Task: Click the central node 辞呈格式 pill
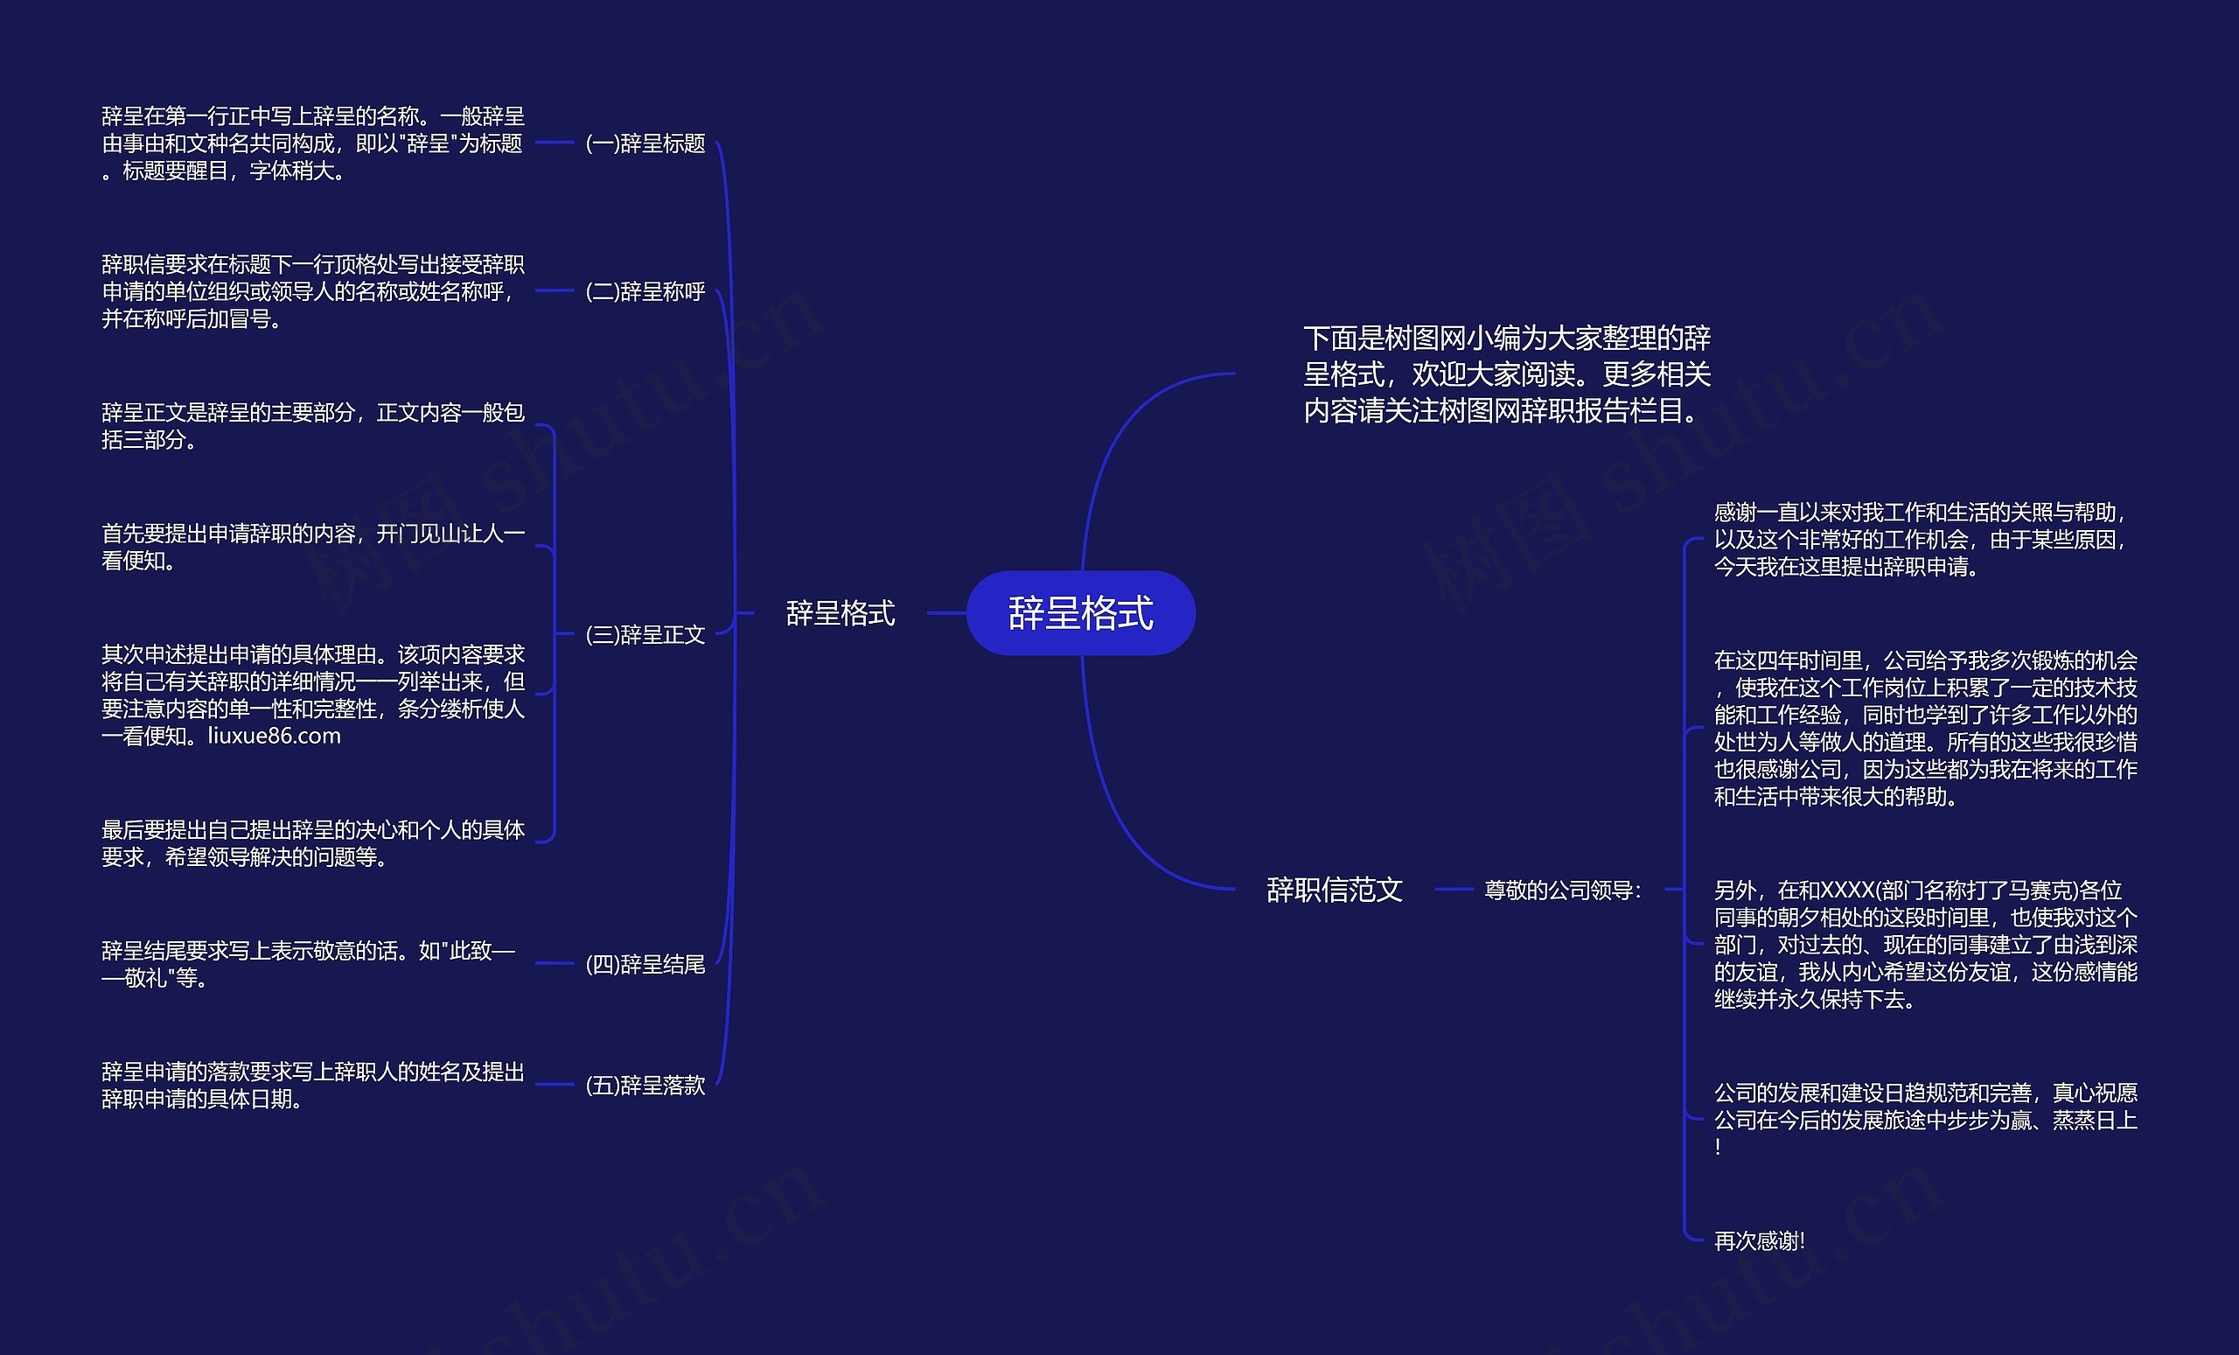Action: click(x=1080, y=612)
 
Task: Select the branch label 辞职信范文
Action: click(x=1334, y=889)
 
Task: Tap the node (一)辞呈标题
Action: click(x=645, y=143)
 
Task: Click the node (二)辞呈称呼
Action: click(x=645, y=291)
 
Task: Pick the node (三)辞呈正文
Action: click(x=645, y=634)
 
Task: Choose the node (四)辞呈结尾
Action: click(x=645, y=964)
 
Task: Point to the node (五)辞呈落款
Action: click(x=645, y=1085)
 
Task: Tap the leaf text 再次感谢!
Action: click(x=1759, y=1240)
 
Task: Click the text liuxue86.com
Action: click(x=275, y=737)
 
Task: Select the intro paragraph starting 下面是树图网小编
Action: click(x=1507, y=374)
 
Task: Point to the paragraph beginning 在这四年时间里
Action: click(x=1925, y=728)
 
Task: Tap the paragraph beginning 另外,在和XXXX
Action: click(x=1925, y=944)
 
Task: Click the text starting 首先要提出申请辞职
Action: click(x=312, y=546)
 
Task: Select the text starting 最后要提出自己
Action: click(x=312, y=842)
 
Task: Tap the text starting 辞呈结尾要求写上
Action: click(x=308, y=963)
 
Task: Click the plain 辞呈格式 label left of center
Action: click(x=840, y=613)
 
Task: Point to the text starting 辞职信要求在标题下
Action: click(x=312, y=290)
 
